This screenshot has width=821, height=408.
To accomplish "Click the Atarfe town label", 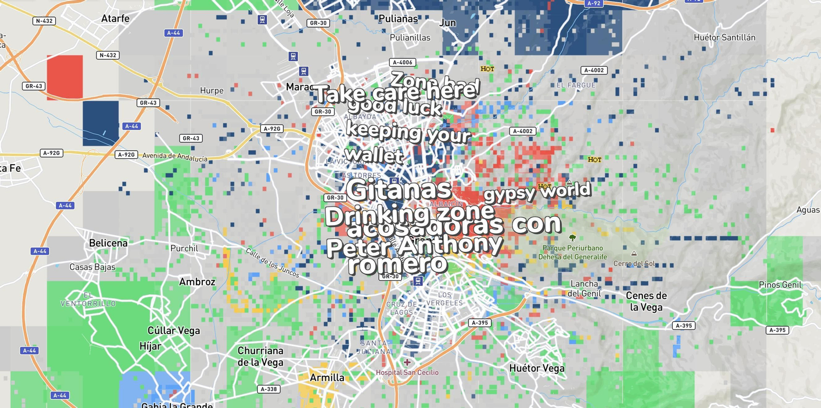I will (115, 18).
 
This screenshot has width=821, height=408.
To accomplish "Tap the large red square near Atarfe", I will (65, 77).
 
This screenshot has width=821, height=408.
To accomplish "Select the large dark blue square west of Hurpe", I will (101, 123).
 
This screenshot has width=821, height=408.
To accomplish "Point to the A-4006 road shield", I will (402, 63).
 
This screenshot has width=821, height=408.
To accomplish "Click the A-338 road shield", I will (268, 389).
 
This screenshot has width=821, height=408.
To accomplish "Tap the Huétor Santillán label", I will (725, 37).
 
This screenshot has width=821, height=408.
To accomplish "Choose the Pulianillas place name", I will (410, 37).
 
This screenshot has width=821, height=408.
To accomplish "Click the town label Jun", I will (447, 23).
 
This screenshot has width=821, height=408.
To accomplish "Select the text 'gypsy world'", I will (537, 192).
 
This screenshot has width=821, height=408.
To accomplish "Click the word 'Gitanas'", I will (399, 190).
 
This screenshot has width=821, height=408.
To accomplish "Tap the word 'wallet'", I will (374, 155).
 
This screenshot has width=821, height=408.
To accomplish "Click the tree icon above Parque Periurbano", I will (573, 237).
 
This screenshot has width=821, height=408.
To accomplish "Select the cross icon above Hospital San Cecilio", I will (407, 362).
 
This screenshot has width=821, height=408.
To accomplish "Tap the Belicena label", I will (108, 243).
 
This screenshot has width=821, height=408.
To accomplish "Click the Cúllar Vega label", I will (173, 331).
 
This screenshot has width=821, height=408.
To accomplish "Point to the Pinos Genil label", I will (780, 285).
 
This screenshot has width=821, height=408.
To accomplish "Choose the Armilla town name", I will (327, 378).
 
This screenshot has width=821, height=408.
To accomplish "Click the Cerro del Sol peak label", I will (634, 263).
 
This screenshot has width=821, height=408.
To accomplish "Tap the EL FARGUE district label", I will (576, 85).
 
